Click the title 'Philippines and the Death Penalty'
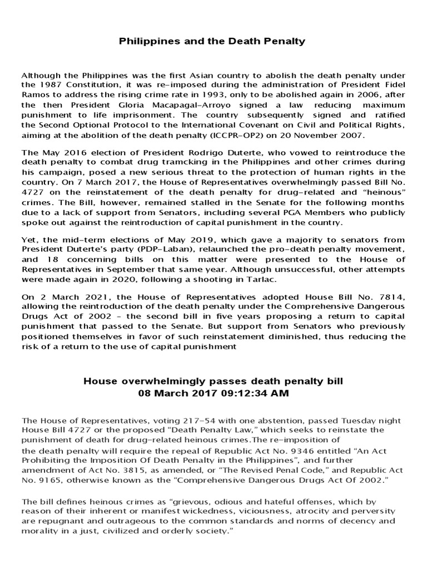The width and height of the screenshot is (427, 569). pos(213,41)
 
